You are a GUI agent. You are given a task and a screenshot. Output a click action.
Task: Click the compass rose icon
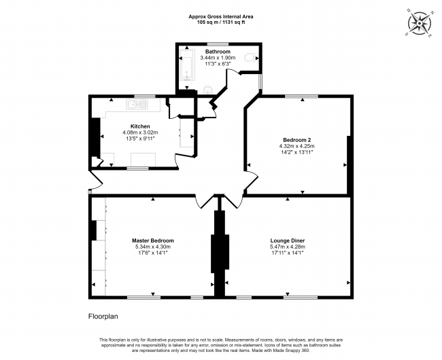[x=421, y=22]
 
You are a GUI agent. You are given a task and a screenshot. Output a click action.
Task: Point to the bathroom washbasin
[x=208, y=88]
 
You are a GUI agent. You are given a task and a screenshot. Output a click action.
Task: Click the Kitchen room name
[x=140, y=126]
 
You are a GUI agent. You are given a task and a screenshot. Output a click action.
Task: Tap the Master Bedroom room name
[x=152, y=240]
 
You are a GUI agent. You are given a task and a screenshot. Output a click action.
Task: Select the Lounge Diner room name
[x=286, y=240]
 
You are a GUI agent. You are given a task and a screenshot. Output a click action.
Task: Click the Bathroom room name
[x=218, y=52]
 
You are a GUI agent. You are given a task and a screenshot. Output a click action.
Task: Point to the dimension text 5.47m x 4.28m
[x=286, y=247]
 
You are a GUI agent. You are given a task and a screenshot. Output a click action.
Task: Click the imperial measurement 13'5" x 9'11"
[x=140, y=139]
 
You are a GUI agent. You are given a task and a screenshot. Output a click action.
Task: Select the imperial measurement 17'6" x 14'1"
[x=152, y=253]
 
